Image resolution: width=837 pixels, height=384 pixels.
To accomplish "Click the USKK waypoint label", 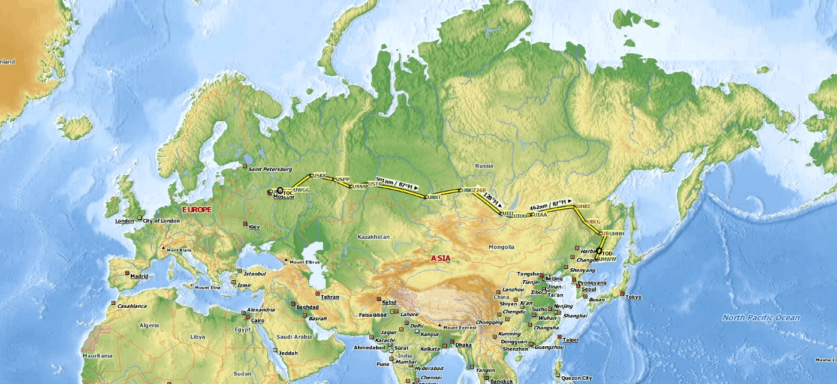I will pos(320,176).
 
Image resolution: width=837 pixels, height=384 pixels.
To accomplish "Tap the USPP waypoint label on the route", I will pos(342,179).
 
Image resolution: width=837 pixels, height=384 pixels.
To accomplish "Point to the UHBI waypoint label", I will pos(583,207).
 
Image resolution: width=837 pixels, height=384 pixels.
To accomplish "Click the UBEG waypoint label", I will pos(594,221).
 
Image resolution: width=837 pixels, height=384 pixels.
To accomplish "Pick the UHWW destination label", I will pos(607,259).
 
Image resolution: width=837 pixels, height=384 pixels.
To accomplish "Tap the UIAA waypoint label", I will pos(540,214).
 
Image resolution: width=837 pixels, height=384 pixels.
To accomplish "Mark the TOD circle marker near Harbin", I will pos(598,252).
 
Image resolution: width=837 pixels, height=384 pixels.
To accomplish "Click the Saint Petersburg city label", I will pos(270,169).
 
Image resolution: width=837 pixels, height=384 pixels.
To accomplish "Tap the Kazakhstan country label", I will pos(373,237).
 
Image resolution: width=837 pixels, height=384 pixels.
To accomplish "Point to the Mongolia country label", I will pos(501,247).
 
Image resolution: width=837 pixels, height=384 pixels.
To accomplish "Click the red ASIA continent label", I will pos(441,259).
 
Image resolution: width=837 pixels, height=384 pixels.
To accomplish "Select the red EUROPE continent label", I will pos(197,209).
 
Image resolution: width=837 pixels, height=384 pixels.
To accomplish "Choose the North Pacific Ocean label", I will pos(761,318).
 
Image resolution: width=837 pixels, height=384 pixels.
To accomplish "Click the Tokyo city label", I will pos(633,297).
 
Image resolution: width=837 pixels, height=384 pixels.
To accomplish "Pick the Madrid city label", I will pos(139,277).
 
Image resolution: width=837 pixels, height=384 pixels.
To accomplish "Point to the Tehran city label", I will pos(330,297).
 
